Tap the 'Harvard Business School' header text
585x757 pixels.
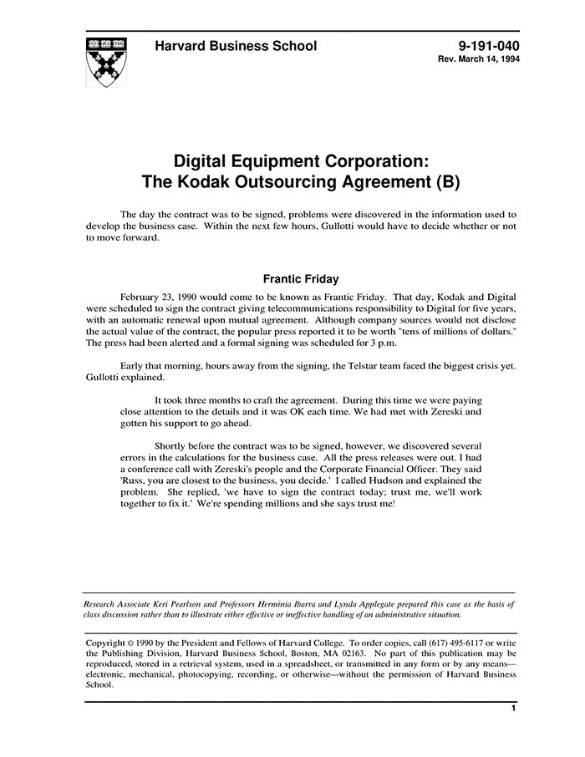(x=236, y=47)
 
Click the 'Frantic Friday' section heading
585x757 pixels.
(x=300, y=279)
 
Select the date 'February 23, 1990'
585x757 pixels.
(x=167, y=297)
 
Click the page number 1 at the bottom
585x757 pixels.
(x=513, y=709)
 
